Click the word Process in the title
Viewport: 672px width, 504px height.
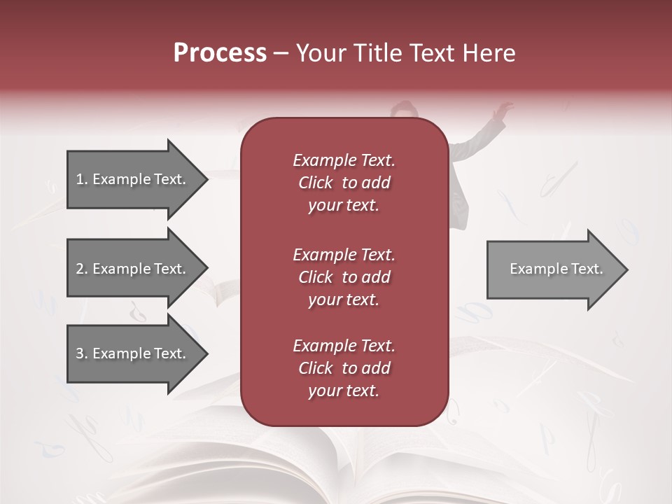coord(220,53)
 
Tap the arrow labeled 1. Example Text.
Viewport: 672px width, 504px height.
coord(133,179)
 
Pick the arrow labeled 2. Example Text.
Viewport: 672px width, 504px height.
coord(133,269)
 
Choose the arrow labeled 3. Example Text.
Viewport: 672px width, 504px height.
coord(133,353)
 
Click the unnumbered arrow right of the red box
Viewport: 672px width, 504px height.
coord(553,269)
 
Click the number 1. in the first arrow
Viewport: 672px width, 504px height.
coord(82,179)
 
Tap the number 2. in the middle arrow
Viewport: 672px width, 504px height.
coord(82,269)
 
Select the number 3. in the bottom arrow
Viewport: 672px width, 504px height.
coord(82,353)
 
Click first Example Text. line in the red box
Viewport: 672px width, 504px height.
coord(344,160)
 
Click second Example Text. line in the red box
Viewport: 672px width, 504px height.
coord(344,255)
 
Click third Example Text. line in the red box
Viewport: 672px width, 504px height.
coord(344,346)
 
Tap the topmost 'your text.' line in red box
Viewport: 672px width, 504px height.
coord(344,206)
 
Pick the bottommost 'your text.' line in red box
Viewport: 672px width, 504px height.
coord(344,391)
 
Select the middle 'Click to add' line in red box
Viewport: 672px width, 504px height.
coord(344,277)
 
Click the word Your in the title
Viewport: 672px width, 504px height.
coord(321,53)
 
